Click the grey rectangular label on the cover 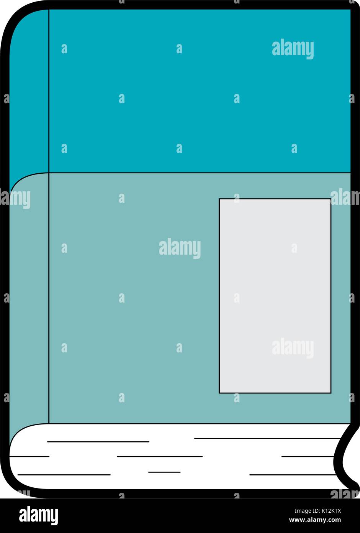(x=275, y=296)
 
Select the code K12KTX (x=331, y=511)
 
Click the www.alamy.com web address (x=315, y=520)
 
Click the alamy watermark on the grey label (x=293, y=348)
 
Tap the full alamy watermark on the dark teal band (x=293, y=49)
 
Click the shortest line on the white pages (x=164, y=472)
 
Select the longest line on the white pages (x=268, y=438)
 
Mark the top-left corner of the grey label (x=219, y=199)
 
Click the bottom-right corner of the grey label (x=331, y=393)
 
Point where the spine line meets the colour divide (x=49, y=173)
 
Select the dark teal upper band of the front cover (x=200, y=91)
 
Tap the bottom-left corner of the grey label (x=219, y=393)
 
